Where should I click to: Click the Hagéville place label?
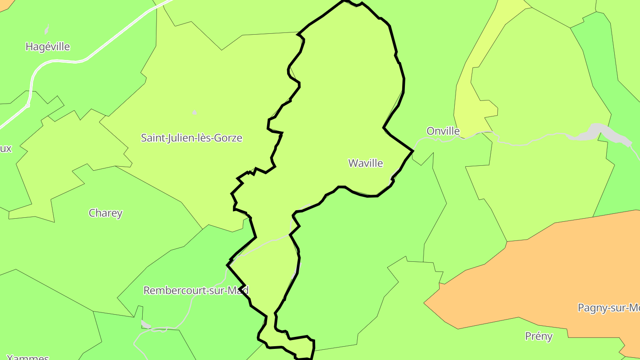48,47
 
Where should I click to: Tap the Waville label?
365,163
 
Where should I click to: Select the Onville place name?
443,131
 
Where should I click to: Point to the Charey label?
105,213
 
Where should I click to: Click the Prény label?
539,336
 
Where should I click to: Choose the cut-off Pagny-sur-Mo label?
608,308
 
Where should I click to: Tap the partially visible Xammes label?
28,357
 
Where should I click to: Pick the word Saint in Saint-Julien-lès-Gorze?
152,138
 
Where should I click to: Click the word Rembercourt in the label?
172,291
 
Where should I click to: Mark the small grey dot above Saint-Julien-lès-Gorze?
194,112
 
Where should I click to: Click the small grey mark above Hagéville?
46,30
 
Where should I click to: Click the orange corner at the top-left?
5,4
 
